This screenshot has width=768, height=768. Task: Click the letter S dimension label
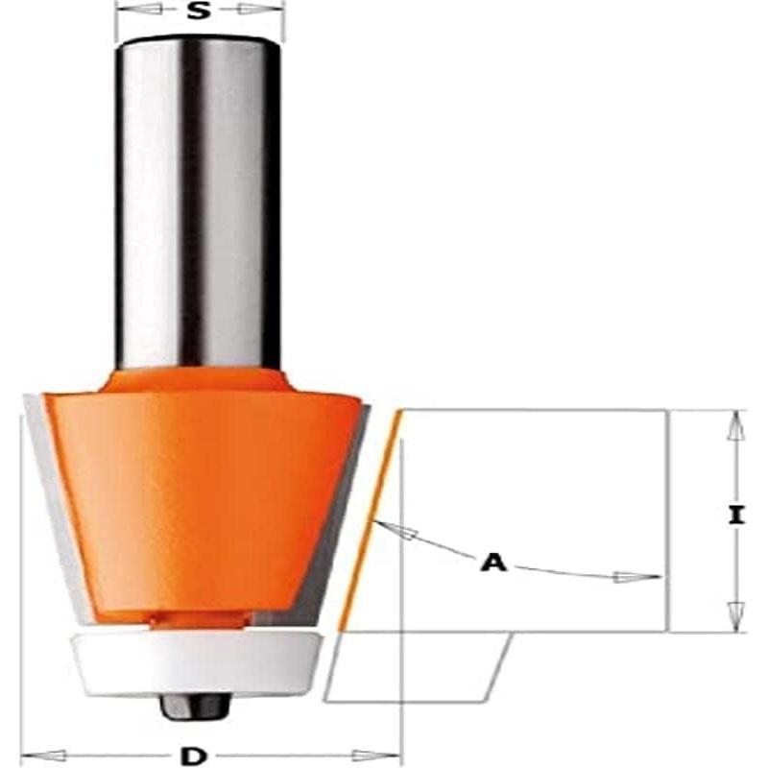coord(198,12)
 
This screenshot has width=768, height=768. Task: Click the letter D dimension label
coord(195,756)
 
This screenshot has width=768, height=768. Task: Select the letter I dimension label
coord(735,516)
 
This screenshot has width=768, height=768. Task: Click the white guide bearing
coord(197,662)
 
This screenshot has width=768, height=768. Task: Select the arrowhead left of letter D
coord(43,755)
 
